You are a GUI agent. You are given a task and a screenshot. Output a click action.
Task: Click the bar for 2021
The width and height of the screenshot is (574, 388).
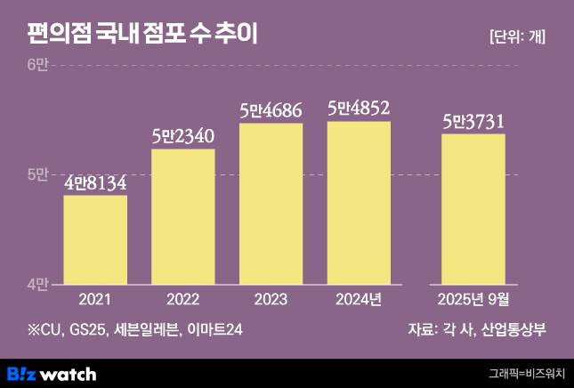[x=95, y=239]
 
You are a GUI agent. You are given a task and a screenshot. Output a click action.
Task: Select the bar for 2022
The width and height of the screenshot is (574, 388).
[x=183, y=216]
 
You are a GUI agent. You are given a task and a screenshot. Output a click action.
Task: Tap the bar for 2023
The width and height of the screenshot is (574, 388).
[x=271, y=204]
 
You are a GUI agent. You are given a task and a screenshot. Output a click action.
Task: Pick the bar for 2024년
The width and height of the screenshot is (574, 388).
[x=359, y=203]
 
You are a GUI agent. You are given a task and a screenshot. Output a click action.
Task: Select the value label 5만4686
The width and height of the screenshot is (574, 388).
[x=271, y=110]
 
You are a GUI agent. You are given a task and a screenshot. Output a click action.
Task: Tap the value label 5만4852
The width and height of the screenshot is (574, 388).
[x=359, y=109]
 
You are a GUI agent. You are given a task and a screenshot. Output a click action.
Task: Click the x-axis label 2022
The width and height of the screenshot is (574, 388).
[x=183, y=299]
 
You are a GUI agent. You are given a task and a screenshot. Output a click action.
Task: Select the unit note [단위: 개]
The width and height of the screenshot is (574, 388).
[x=517, y=36]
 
